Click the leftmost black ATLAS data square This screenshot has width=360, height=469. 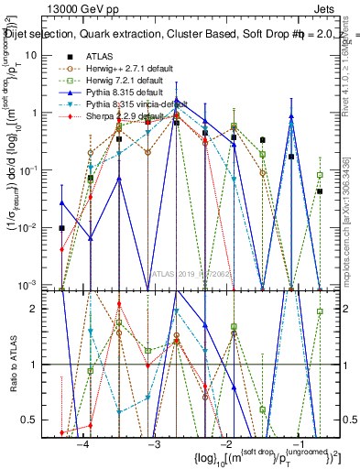(x=61, y=228)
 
